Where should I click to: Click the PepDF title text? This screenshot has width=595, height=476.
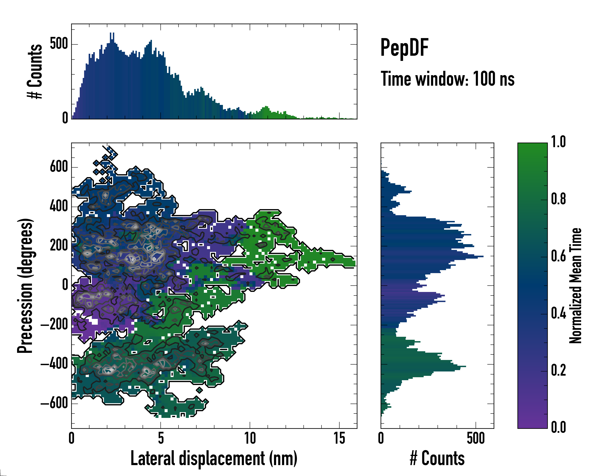(404, 48)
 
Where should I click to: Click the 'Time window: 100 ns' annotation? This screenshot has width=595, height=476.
(447, 79)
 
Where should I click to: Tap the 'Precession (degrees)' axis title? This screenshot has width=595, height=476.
(25, 286)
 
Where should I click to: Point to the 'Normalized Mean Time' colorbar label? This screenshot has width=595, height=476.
(576, 286)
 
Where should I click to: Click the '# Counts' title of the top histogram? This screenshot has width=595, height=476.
(35, 71)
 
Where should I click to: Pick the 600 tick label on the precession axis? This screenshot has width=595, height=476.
(59, 167)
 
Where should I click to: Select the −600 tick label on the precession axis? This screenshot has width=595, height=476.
(54, 403)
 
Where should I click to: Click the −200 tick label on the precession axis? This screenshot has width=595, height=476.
(54, 325)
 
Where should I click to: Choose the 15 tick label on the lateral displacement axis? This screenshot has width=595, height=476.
(339, 438)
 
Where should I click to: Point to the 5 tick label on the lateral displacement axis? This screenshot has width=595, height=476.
(161, 438)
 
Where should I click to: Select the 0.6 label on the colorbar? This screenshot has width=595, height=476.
(558, 256)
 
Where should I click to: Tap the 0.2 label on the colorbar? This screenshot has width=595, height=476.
(558, 370)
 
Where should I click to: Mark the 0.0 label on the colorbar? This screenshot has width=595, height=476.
(558, 427)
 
